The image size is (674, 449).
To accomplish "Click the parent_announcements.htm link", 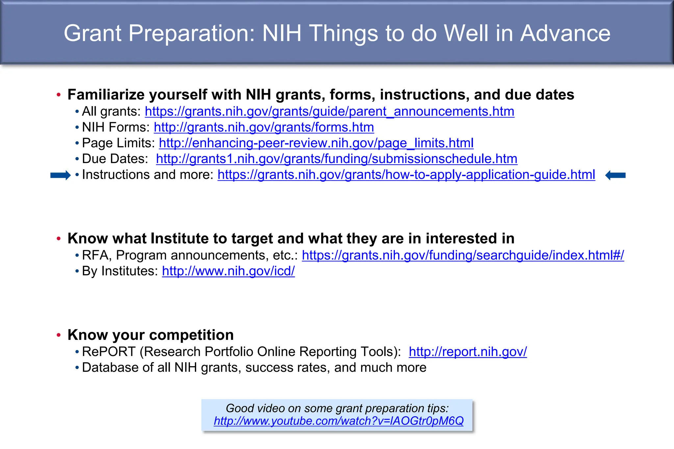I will [329, 112].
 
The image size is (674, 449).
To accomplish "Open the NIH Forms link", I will [264, 128].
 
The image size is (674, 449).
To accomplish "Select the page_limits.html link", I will [316, 143].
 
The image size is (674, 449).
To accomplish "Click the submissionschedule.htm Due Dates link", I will [336, 159].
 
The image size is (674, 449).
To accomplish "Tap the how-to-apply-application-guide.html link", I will [406, 175].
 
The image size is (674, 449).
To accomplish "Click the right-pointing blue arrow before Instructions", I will [60, 175].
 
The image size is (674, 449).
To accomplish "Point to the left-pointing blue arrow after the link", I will [615, 175].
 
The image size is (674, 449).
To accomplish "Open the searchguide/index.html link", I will [463, 255].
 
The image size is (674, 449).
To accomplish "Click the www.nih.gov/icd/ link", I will [228, 271].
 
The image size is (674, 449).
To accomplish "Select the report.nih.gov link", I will [467, 352].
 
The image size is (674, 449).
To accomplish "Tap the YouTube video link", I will [338, 421].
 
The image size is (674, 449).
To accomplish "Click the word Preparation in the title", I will [191, 33].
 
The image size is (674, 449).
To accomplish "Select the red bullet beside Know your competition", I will [59, 335].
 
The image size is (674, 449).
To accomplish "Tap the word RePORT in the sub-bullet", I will [109, 352].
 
